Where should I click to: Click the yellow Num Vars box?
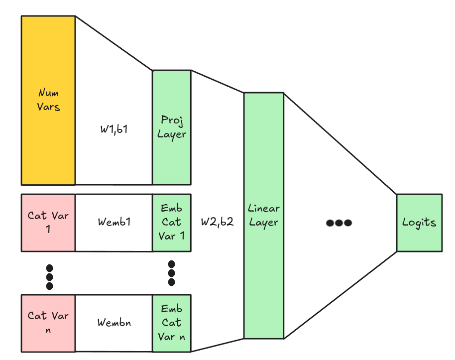click(48, 100)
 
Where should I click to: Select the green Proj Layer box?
click(172, 127)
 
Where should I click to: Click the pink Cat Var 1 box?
click(48, 222)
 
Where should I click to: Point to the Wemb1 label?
click(114, 222)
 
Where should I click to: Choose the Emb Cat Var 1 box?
click(172, 222)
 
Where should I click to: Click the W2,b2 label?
click(217, 222)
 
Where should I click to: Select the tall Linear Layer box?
click(263, 215)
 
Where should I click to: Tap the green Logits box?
click(419, 222)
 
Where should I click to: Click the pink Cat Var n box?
click(48, 322)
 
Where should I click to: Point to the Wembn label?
click(114, 322)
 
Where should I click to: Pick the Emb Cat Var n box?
click(172, 323)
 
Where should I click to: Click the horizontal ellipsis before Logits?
click(339, 223)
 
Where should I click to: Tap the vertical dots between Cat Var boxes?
click(49, 276)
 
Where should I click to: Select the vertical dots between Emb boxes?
click(172, 273)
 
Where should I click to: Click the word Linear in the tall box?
click(264, 209)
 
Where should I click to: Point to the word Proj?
click(172, 120)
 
